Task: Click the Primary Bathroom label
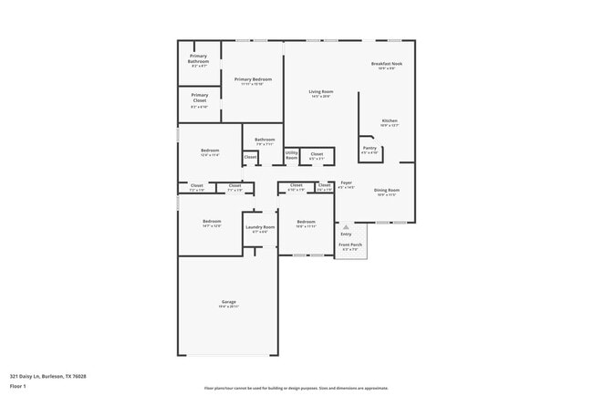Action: coord(198,58)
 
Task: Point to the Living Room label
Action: coord(319,91)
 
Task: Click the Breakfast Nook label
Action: coord(387,64)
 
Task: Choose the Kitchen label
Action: coord(390,120)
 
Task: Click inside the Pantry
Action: coord(369,150)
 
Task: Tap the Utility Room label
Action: coord(292,156)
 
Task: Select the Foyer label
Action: coord(347,182)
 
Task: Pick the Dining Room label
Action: coord(387,190)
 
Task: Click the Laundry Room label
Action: coord(260,226)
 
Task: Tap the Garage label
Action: coord(228,302)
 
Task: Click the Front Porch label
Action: coord(350,245)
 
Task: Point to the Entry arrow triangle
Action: coord(345,226)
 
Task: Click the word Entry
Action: coord(345,234)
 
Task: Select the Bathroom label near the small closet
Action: coord(265,140)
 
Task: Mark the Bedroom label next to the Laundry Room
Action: coord(212,222)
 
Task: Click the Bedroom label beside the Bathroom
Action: coord(210,151)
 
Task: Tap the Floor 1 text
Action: coord(18,386)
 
